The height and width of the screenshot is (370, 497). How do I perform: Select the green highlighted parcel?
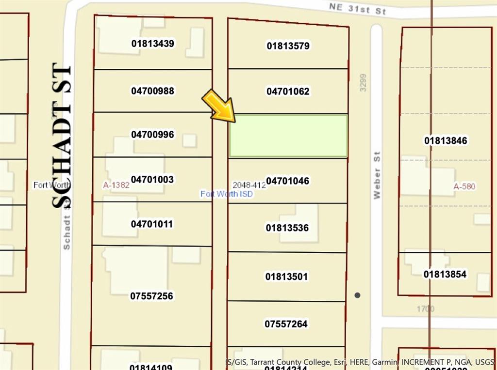pos(288,136)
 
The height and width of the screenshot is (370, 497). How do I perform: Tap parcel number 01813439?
pos(152,44)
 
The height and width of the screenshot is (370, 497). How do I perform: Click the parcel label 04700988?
pos(152,91)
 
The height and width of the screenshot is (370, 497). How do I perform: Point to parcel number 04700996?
pos(152,135)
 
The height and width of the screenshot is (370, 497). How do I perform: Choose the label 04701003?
pos(152,180)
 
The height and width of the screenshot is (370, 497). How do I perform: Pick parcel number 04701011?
pos(152,224)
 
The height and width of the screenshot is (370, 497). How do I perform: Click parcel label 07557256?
pos(151,296)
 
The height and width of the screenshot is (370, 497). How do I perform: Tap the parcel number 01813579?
pos(288,46)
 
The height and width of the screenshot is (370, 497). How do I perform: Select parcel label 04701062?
pos(288,92)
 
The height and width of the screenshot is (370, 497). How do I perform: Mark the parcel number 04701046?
pos(287,181)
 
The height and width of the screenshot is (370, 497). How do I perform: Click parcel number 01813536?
pos(287,228)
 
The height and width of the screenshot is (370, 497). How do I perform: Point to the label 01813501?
pos(286,277)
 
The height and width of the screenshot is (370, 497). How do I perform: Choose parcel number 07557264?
pos(286,324)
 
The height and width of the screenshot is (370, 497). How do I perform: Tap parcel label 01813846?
pos(446,141)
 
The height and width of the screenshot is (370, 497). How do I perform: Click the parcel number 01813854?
pos(445,275)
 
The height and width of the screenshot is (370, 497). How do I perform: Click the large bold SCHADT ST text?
pos(62,136)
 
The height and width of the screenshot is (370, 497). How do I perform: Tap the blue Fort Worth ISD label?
pos(227,194)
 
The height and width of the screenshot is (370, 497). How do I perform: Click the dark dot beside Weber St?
pos(358,295)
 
